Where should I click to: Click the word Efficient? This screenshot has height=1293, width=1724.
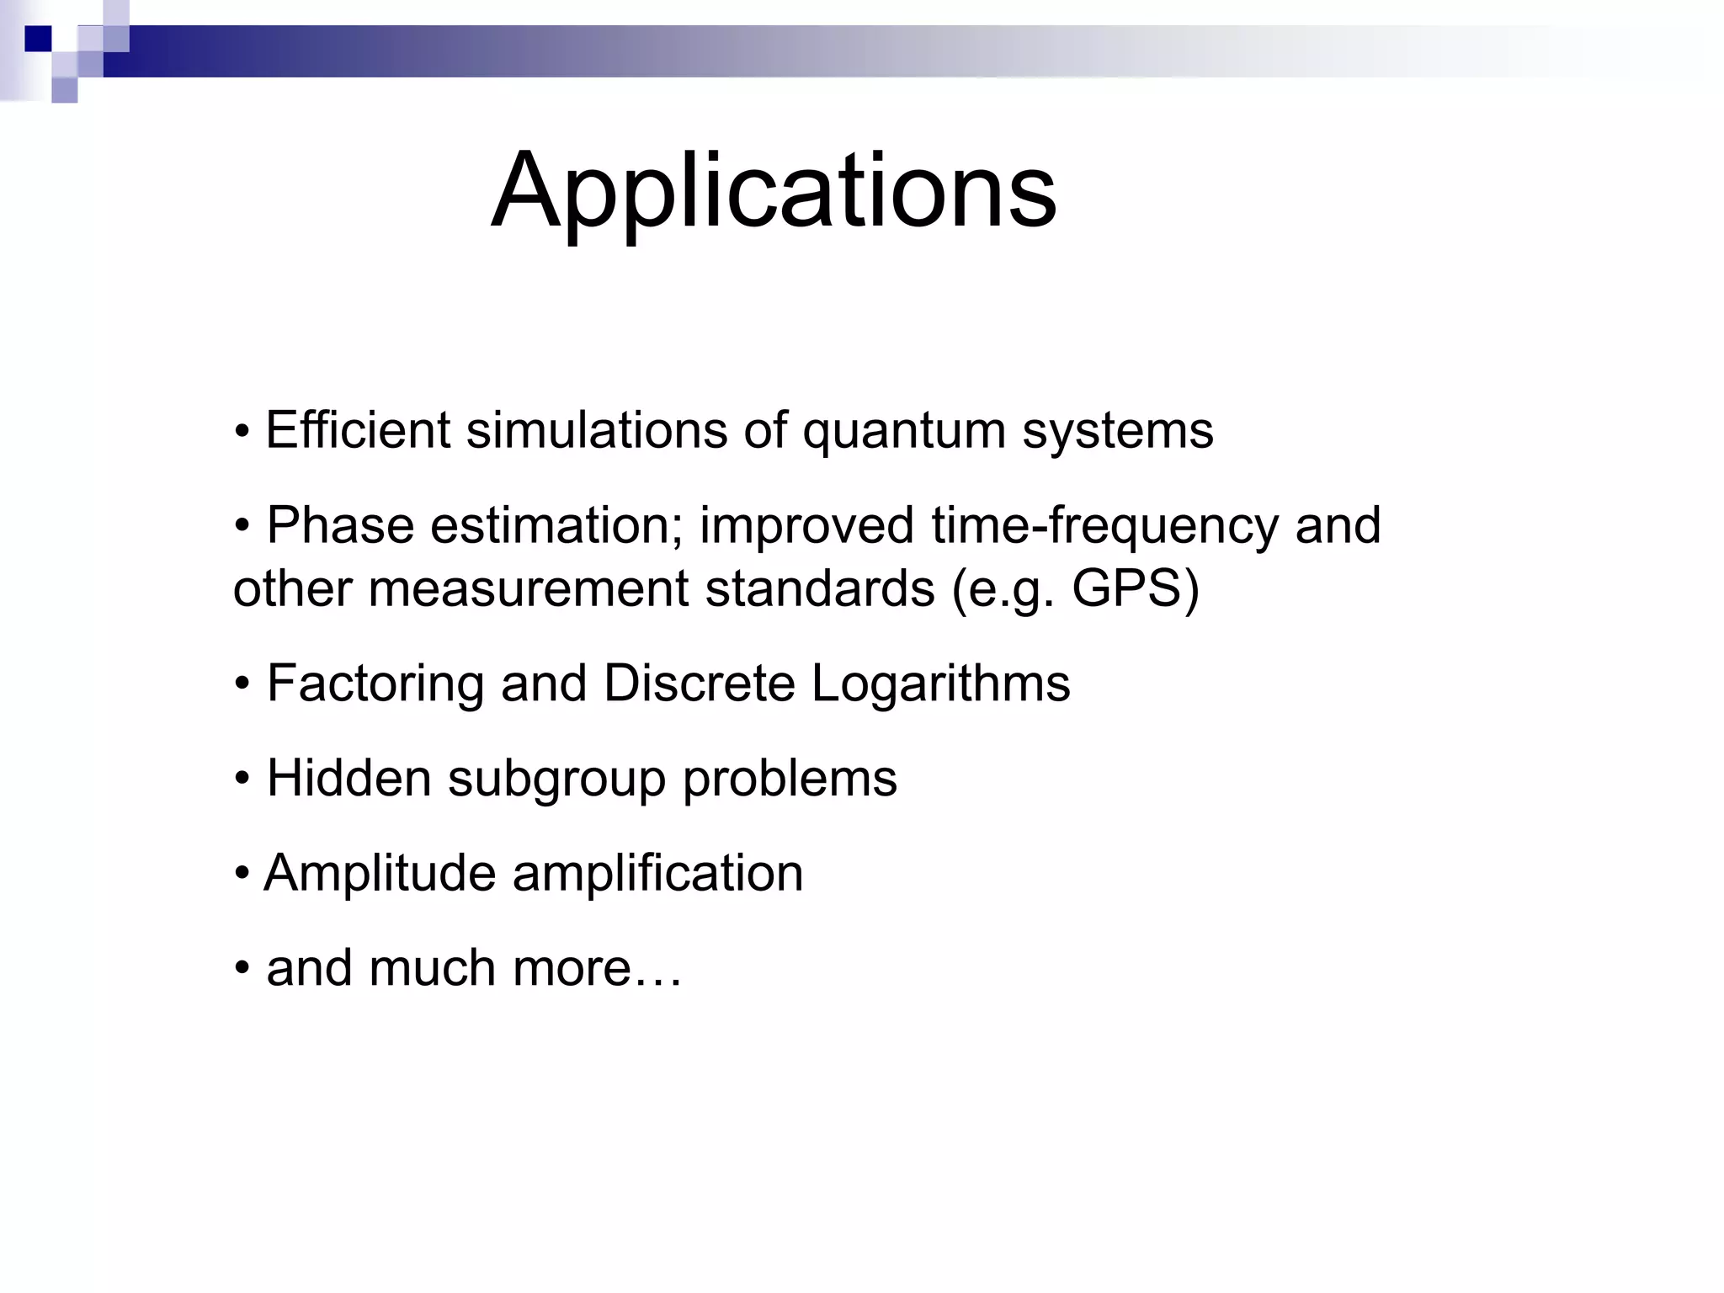click(358, 430)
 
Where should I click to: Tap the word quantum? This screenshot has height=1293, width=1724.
click(904, 432)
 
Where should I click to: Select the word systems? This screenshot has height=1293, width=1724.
click(1118, 432)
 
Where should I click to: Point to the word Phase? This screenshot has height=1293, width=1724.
click(340, 525)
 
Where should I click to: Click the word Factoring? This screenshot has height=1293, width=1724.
click(375, 684)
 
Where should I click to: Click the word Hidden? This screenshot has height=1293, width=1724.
click(349, 778)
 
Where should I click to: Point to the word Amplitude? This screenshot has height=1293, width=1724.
click(380, 873)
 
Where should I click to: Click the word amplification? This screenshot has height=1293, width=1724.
click(657, 873)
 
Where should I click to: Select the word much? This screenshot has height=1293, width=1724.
click(432, 968)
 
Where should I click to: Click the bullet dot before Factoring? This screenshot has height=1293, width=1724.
click(242, 684)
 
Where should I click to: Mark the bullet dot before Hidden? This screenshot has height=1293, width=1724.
click(242, 780)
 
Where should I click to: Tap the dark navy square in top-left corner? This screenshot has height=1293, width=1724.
click(38, 39)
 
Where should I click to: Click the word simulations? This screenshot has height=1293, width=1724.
click(596, 430)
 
